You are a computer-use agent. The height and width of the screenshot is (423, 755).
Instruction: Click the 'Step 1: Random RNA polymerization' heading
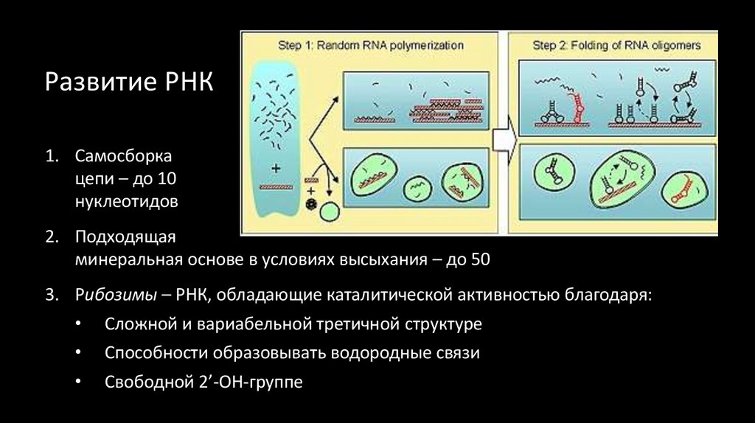click(x=371, y=45)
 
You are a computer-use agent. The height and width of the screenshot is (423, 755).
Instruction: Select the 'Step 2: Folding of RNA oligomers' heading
click(x=616, y=45)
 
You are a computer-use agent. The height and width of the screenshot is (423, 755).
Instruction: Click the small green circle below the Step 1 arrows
click(x=330, y=212)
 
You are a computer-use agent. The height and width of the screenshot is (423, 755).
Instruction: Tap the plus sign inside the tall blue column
click(x=276, y=169)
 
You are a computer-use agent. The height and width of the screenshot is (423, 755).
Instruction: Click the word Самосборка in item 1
click(x=123, y=157)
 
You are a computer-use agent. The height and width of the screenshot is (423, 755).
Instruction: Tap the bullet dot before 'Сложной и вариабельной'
click(x=80, y=324)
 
